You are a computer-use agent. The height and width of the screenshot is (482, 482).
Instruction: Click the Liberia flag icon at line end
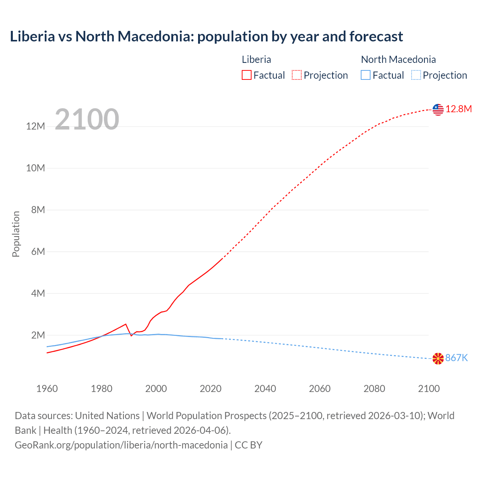point(438,110)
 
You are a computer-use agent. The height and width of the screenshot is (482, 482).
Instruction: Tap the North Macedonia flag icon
point(438,358)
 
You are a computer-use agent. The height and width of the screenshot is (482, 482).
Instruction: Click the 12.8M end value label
point(459,109)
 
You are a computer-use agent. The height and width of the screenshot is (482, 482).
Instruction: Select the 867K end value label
point(456,358)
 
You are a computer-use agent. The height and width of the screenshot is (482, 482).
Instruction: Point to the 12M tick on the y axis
point(35,126)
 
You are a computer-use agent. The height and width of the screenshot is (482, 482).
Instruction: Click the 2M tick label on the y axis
point(38,335)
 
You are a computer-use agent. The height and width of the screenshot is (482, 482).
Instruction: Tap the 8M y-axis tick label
point(38,210)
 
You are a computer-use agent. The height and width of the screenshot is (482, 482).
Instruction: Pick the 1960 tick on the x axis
point(47,389)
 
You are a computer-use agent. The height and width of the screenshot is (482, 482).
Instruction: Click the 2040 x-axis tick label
point(265,389)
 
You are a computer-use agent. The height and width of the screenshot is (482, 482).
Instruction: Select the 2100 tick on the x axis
point(429,389)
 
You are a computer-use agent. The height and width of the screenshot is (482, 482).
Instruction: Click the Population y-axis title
point(16,234)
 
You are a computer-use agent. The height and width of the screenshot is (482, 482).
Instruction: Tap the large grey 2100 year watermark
point(87,119)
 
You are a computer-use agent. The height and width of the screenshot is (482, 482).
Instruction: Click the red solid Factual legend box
point(247,75)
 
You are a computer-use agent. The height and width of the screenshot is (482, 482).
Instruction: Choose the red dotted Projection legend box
point(297,75)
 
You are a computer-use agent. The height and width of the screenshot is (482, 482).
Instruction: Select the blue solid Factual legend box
point(366,75)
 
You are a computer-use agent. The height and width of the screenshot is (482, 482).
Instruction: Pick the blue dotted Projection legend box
point(416,75)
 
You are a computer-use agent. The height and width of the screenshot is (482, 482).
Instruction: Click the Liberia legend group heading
point(256,59)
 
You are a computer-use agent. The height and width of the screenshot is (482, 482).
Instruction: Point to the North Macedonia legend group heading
point(398,59)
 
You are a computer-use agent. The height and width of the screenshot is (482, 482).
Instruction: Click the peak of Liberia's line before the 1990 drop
point(125,324)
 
